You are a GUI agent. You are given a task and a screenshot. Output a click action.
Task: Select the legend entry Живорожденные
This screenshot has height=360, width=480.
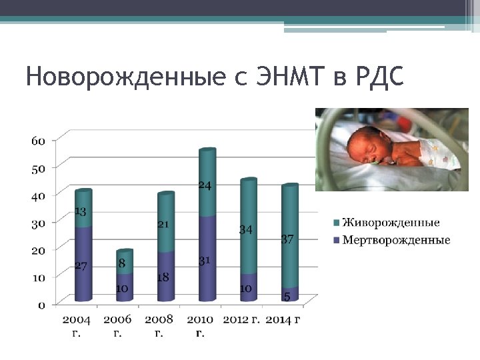[391, 223]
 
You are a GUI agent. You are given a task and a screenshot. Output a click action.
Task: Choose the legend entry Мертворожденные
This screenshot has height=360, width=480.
[396, 240]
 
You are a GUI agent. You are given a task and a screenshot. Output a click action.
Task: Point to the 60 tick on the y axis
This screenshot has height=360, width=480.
[38, 141]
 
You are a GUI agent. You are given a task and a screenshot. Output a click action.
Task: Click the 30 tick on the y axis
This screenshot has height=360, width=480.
[38, 223]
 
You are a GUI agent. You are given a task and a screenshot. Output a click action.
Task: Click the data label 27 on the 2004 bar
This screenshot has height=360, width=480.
[81, 266]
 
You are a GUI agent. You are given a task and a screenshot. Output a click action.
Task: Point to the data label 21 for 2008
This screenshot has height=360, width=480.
[163, 224]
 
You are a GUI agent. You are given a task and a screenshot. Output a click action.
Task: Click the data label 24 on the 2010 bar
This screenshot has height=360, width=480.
[205, 185]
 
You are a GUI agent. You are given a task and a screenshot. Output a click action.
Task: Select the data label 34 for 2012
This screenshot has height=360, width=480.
[246, 229]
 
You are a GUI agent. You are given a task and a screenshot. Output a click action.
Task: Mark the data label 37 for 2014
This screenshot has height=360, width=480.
[287, 239]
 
